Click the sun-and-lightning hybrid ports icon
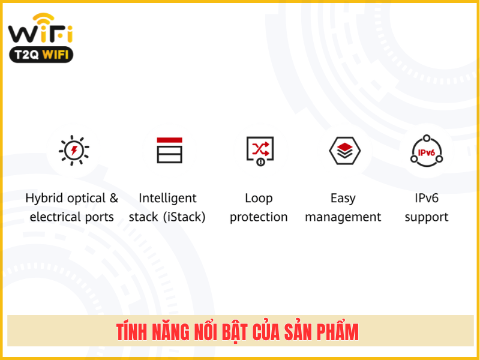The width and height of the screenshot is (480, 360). pos(74,151)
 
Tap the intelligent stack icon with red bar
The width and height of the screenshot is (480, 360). pos(169,151)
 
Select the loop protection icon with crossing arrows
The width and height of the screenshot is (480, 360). pos(260,151)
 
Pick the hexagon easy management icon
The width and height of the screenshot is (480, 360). pos(344,151)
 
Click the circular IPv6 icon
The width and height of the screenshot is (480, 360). pos(427,151)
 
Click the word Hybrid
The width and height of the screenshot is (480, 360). pos(44,199)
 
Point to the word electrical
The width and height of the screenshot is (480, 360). pos(55,217)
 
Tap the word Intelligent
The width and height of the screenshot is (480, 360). pos(167,199)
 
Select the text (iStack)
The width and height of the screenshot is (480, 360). pos(184,217)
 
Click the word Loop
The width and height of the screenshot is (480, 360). pos(259,199)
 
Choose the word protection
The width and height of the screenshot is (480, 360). pos(259,217)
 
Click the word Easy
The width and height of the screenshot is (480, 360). pos(343,199)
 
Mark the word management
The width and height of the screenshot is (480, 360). pos(343,217)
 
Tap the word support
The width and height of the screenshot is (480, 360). pos(427,217)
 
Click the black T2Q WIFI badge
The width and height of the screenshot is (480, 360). pos(41,55)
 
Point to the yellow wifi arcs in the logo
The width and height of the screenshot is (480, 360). pos(43,19)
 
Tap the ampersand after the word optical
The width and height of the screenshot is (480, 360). pos(114,198)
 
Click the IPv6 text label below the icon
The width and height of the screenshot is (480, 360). pos(427,198)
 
